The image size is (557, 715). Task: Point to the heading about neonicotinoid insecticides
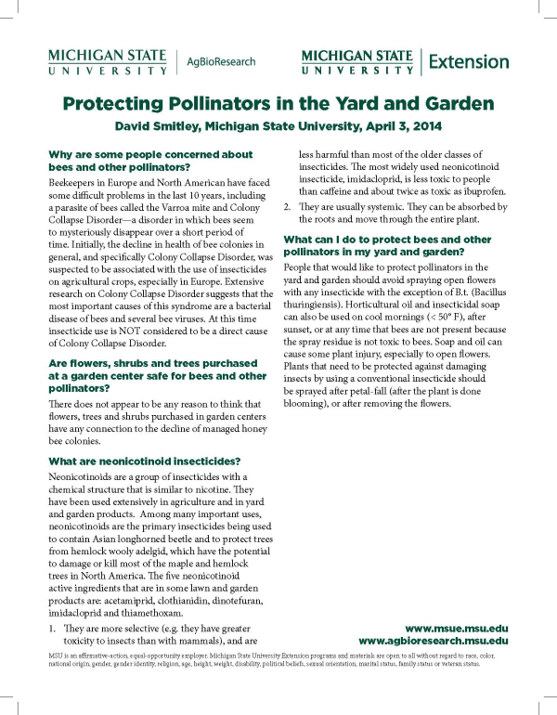click(143, 461)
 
